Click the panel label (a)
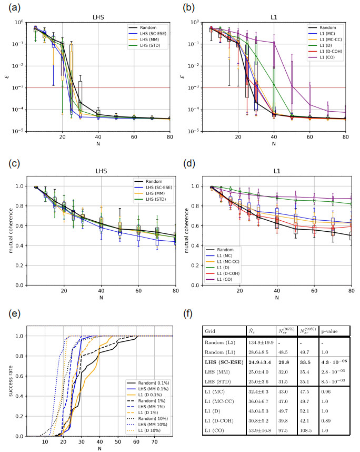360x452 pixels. pyautogui.click(x=12, y=7)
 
